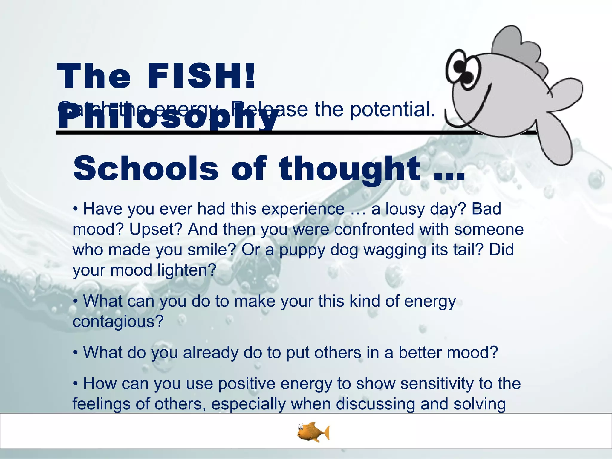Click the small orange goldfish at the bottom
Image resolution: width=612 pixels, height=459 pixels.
[x=313, y=432]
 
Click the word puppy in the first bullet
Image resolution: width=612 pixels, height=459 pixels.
[x=302, y=250]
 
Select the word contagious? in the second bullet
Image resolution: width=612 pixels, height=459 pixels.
[x=118, y=322]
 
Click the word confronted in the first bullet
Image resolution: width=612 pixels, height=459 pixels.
[x=374, y=229]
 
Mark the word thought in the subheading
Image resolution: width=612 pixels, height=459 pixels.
[x=350, y=169]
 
